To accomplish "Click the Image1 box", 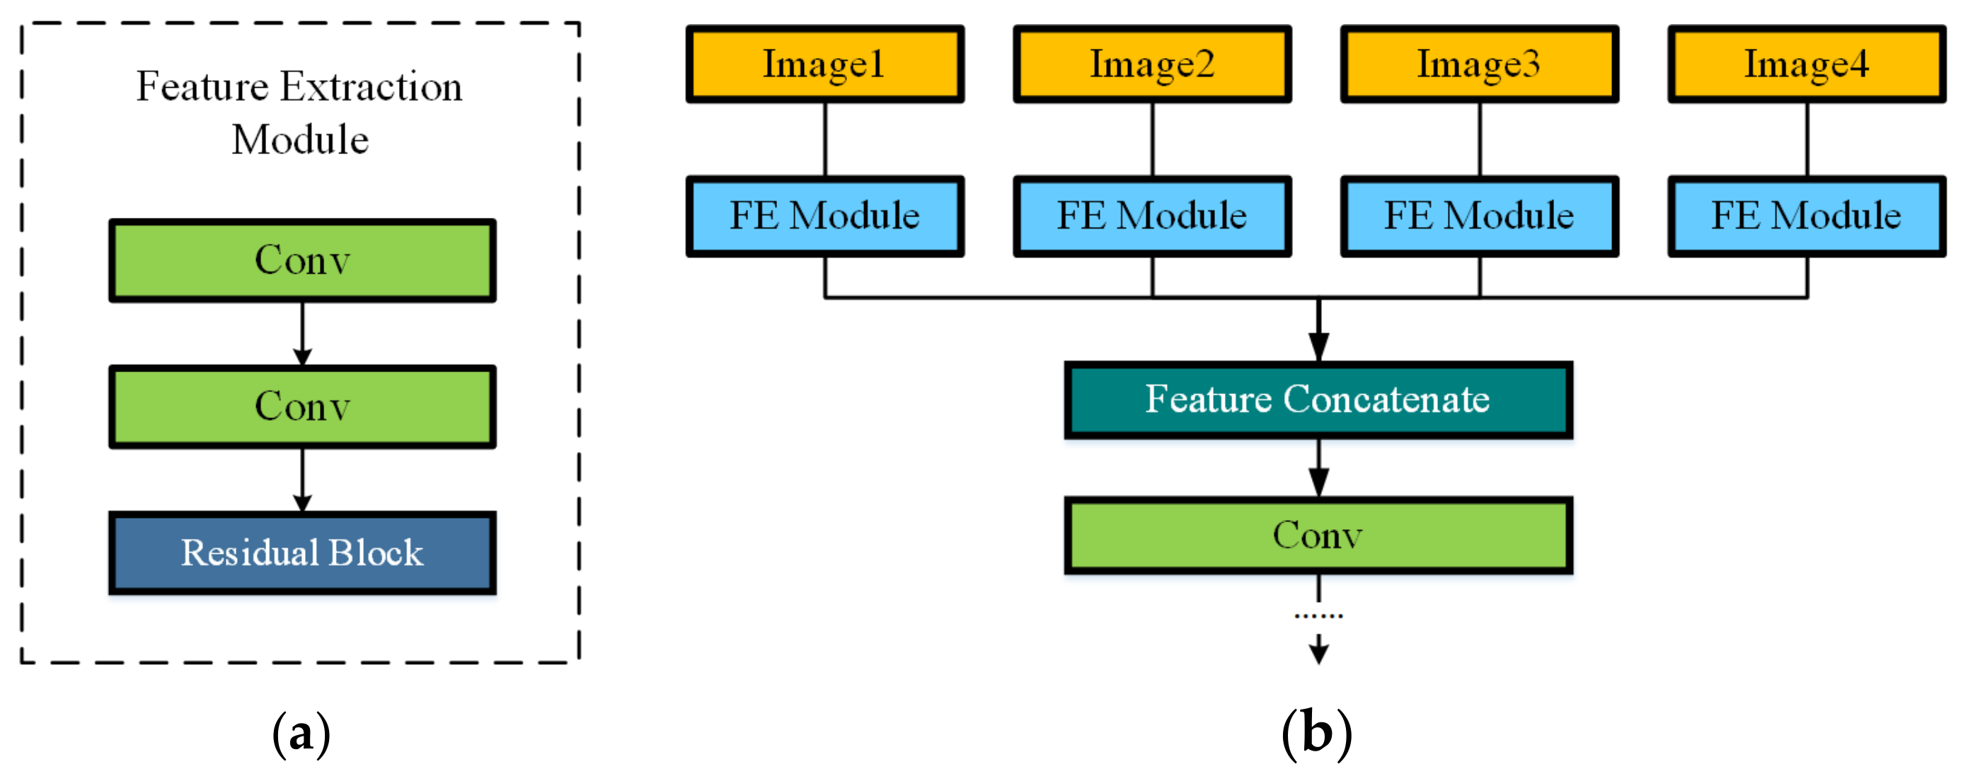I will pos(824,64).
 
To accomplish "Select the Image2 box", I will pos(1152,64).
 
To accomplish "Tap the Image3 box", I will pos(1479,64).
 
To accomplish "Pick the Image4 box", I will pos(1806,64).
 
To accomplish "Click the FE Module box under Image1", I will pos(824,216).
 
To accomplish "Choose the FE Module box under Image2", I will pos(1152,216).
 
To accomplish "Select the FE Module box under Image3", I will pos(1479,216).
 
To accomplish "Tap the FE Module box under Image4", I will pos(1806,216).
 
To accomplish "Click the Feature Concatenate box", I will pos(1318,399).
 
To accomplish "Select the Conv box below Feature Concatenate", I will pos(1318,536).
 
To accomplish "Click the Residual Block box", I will pos(303,553).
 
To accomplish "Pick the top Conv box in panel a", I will pos(303,260).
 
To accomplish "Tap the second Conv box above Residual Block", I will pos(303,406).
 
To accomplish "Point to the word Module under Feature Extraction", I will pos(300,139).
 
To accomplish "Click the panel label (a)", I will pos(301,734).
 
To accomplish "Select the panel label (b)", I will pos(1316,734).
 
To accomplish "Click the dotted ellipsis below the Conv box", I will pos(1318,615).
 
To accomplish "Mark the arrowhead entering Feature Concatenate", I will pos(1318,347).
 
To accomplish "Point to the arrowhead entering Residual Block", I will pos(303,502).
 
